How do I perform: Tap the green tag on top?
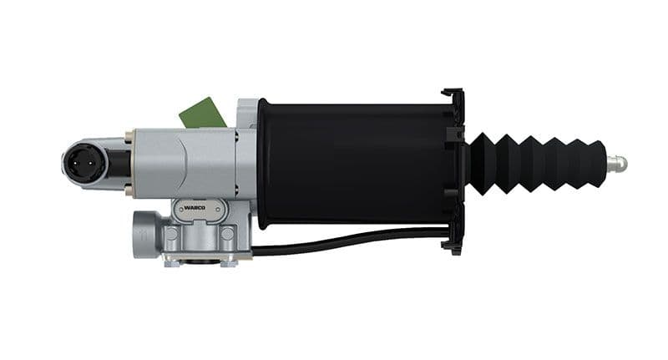tap(200, 112)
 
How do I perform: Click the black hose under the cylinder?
tap(351, 241)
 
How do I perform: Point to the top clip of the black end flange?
tap(454, 98)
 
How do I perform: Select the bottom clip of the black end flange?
tap(455, 242)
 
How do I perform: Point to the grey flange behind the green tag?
tap(247, 113)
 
